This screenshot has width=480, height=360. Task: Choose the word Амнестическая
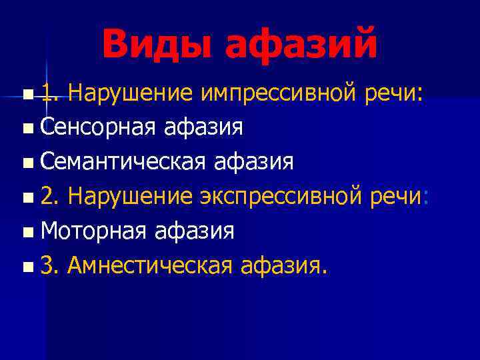(149, 266)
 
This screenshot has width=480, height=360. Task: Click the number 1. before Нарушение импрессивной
(49, 93)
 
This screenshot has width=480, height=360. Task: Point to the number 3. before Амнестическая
(49, 266)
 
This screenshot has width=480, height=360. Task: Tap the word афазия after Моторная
(195, 231)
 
